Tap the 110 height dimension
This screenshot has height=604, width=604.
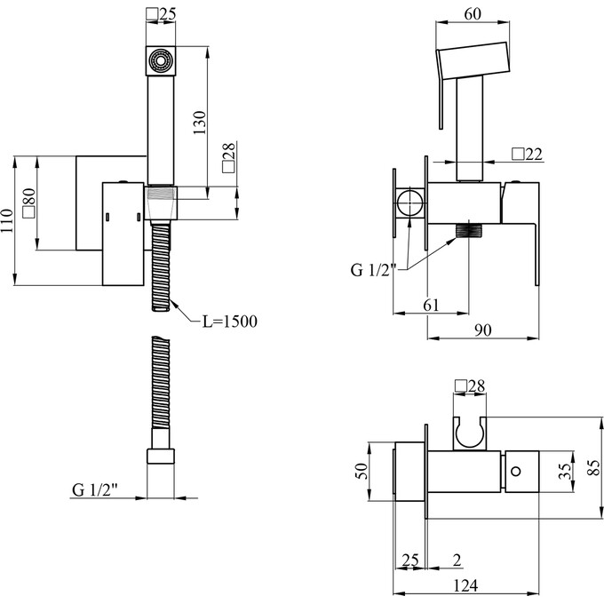point(7,221)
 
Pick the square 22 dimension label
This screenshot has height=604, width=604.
point(528,155)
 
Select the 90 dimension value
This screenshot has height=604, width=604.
point(483,330)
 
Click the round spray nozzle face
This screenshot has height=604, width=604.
point(160,61)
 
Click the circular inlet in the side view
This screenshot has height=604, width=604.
point(409,203)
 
